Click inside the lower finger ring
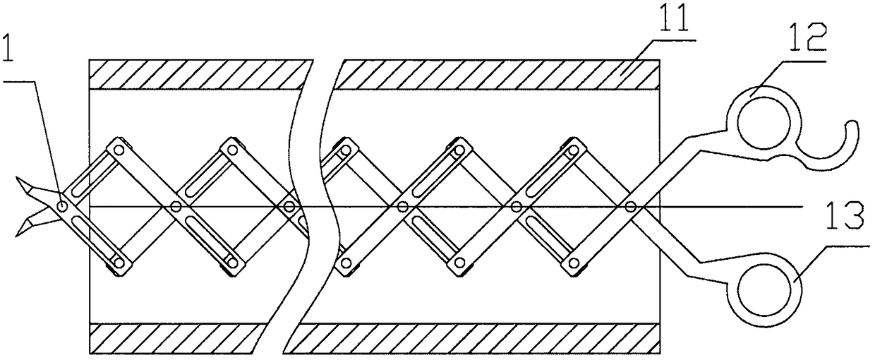[765, 290]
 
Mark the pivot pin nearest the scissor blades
[63, 206]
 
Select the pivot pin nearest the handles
[630, 206]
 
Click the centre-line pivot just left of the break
[288, 206]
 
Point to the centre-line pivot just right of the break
[402, 206]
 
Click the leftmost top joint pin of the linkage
[119, 150]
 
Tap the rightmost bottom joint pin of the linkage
[574, 263]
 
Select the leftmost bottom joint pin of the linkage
[119, 263]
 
